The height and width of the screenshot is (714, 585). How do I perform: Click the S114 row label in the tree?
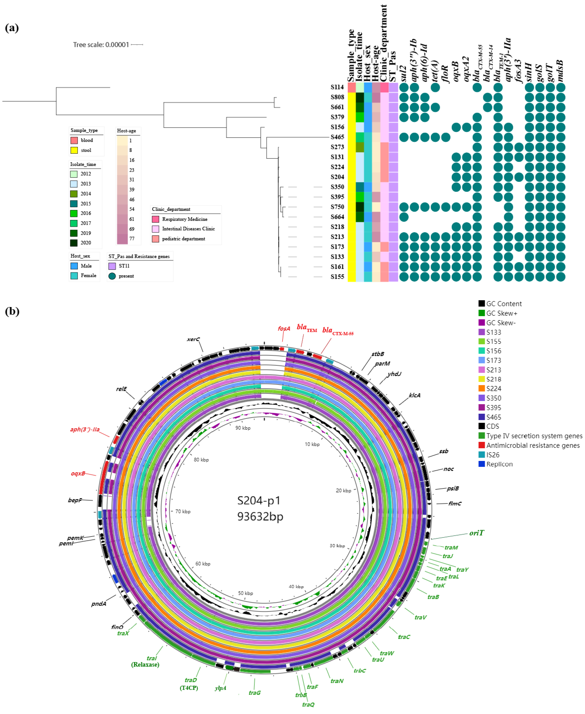pos(337,87)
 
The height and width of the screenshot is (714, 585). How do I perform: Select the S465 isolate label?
pos(337,137)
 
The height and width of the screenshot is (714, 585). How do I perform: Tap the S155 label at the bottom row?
pos(337,277)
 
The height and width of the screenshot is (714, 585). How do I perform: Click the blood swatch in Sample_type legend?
pos(74,140)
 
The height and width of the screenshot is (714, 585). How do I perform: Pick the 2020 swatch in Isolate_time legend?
pos(74,243)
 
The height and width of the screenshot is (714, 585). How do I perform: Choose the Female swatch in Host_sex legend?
pos(74,276)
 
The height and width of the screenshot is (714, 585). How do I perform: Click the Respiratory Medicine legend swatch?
pos(155,219)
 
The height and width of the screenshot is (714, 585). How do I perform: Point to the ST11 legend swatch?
pos(112,266)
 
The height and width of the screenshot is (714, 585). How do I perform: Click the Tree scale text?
pos(101,45)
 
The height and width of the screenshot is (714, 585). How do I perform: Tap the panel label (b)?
pos(12,311)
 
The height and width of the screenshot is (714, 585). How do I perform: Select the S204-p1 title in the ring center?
pos(259,501)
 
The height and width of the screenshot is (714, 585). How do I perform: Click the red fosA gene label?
pos(284,329)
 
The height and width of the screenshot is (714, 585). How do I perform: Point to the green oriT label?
pos(476,533)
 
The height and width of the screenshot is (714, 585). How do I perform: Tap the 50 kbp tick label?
pos(245,593)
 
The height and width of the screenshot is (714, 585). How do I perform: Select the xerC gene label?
pos(193,339)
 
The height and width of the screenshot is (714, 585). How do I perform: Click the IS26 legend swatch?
pos(482,455)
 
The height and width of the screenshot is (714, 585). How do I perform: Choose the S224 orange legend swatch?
pos(482,389)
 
